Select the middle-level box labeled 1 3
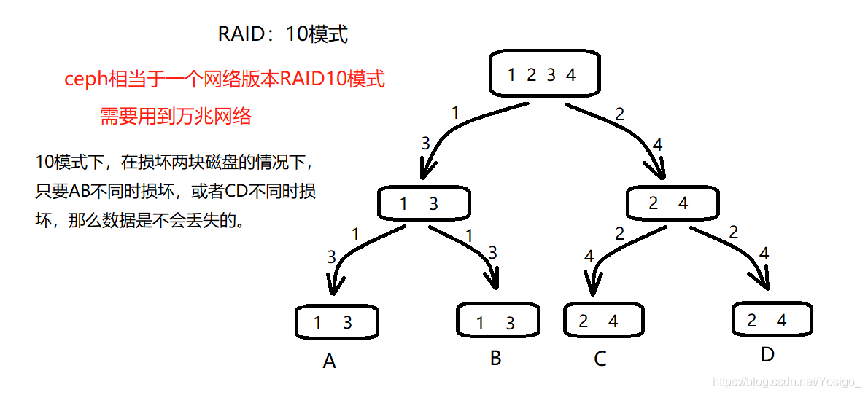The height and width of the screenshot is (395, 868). (x=424, y=203)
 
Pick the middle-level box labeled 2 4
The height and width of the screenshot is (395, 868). (x=672, y=203)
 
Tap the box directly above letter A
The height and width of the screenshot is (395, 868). (x=337, y=322)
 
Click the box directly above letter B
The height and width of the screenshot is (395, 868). (x=498, y=321)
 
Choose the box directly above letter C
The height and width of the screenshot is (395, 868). (x=603, y=321)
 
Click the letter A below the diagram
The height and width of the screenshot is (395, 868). (x=329, y=361)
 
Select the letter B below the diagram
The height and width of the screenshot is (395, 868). (x=496, y=359)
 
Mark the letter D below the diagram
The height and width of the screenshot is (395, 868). (x=767, y=355)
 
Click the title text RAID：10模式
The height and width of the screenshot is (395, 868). (x=283, y=34)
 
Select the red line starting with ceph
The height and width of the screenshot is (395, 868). (x=224, y=79)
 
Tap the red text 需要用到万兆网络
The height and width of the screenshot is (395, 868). (x=176, y=117)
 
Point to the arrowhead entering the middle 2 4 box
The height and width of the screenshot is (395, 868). (x=660, y=171)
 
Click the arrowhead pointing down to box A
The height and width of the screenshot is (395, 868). (x=334, y=286)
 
